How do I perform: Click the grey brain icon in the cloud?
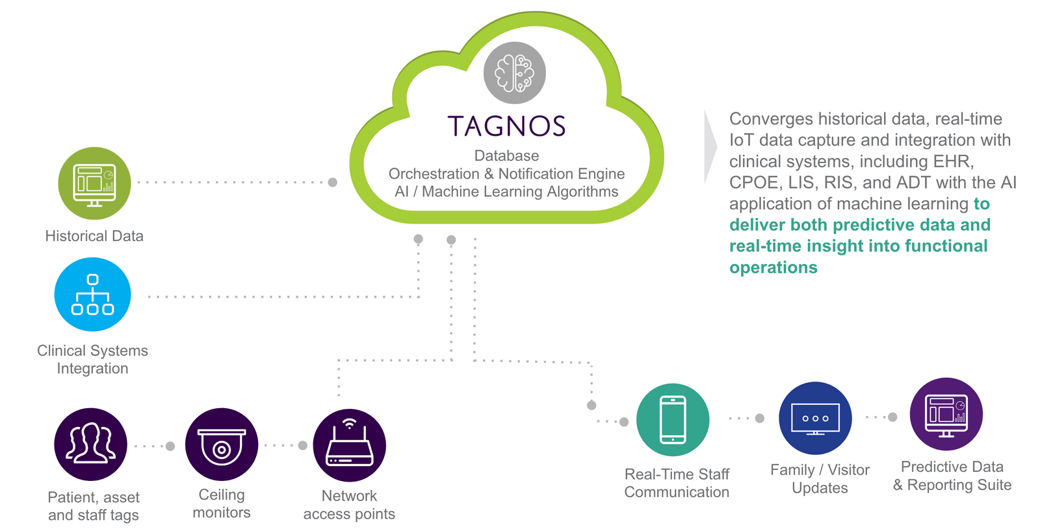pyautogui.click(x=514, y=73)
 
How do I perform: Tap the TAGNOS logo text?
pyautogui.click(x=506, y=126)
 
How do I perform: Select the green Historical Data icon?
pyautogui.click(x=94, y=183)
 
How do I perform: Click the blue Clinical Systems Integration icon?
pyautogui.click(x=93, y=294)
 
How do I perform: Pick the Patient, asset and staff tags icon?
pyautogui.click(x=90, y=445)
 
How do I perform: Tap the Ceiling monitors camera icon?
pyautogui.click(x=222, y=445)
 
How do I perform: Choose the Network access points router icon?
pyautogui.click(x=349, y=445)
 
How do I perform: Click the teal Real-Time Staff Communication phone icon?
pyautogui.click(x=673, y=420)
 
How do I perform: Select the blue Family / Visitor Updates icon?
pyautogui.click(x=815, y=418)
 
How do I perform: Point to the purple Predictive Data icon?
pyautogui.click(x=946, y=415)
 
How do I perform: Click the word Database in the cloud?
pyautogui.click(x=506, y=156)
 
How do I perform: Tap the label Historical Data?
pyautogui.click(x=94, y=236)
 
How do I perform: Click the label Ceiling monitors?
pyautogui.click(x=222, y=504)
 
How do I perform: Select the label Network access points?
pyautogui.click(x=349, y=505)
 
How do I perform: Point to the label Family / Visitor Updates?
pyautogui.click(x=820, y=479)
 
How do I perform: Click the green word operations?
pyautogui.click(x=773, y=268)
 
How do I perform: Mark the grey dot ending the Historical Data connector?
pyautogui.click(x=333, y=182)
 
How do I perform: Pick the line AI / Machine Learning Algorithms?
pyautogui.click(x=506, y=192)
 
